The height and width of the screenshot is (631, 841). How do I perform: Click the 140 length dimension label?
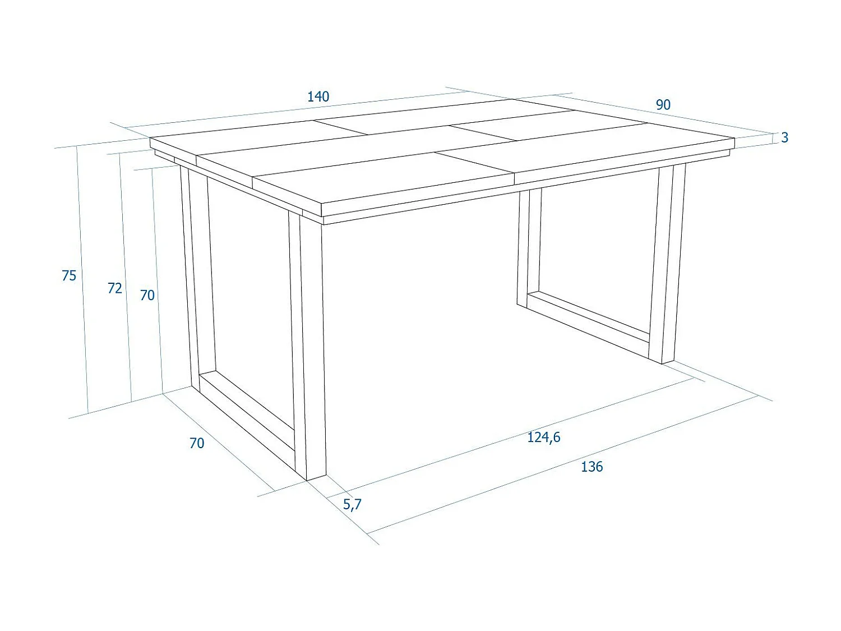[318, 96]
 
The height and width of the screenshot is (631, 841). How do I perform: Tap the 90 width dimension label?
[663, 105]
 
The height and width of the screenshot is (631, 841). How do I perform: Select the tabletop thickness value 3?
[784, 137]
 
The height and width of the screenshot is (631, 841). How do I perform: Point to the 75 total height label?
[69, 275]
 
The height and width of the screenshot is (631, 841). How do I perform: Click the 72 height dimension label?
[114, 288]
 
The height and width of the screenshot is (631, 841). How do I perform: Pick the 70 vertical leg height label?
[147, 295]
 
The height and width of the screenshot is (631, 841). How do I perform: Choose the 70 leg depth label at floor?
[197, 443]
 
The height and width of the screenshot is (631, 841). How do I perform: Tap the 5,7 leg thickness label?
[352, 504]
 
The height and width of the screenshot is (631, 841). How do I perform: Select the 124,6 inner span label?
[543, 437]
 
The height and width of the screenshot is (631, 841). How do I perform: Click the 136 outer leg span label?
[592, 467]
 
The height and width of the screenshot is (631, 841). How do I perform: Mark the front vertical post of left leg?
[307, 348]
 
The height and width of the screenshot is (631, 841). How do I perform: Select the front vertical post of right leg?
[667, 264]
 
